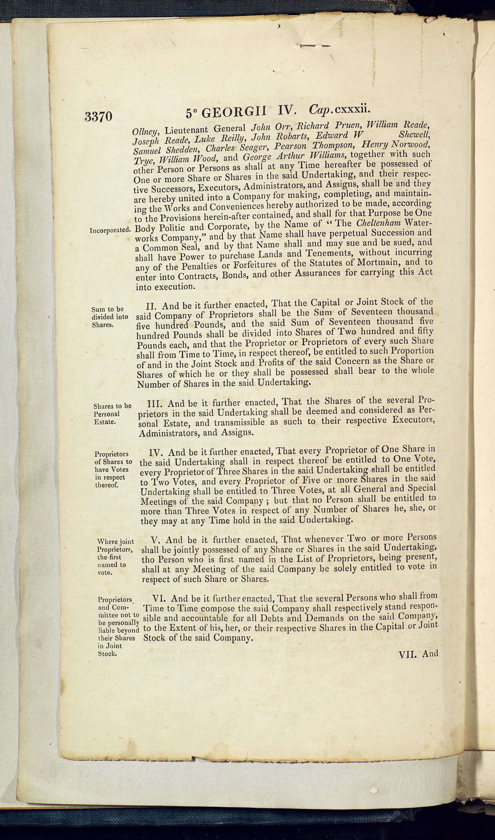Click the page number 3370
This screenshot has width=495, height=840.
(98, 117)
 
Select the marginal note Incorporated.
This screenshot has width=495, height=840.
(110, 230)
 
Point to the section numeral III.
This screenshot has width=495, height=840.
(154, 404)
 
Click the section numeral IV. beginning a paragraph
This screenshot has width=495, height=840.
(156, 453)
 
